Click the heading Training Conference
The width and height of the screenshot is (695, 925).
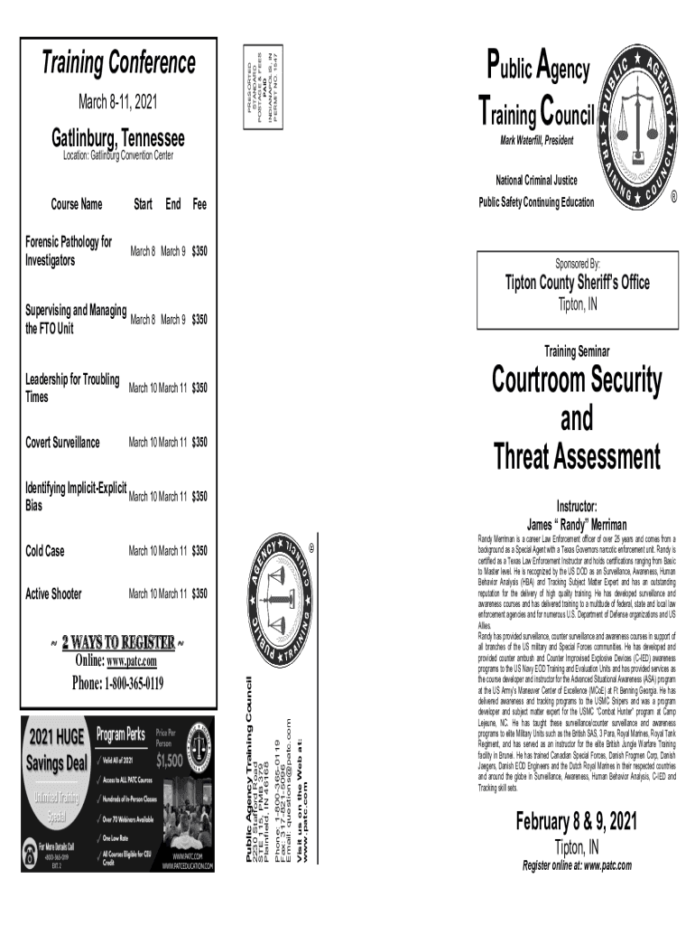[118, 64]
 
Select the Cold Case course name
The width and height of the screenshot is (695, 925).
[44, 550]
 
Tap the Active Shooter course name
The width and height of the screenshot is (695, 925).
[53, 593]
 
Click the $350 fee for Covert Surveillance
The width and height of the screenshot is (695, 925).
[199, 443]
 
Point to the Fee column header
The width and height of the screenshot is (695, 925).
[199, 205]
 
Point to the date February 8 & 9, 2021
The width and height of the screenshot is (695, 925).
[576, 822]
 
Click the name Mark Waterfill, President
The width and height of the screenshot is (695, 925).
[536, 141]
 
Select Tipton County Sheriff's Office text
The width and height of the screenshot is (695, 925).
[577, 283]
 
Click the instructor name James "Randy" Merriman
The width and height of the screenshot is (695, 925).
[577, 524]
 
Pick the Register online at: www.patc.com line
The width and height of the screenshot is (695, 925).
[577, 865]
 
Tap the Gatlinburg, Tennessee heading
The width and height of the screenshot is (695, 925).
[117, 139]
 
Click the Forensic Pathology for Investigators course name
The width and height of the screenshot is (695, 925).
[69, 251]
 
